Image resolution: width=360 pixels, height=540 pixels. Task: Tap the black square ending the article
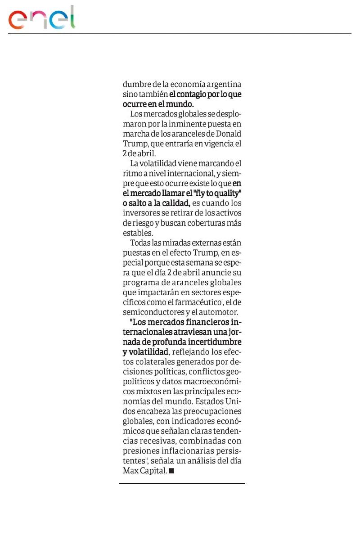click(171, 471)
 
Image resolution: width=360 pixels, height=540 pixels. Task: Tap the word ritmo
click(133, 173)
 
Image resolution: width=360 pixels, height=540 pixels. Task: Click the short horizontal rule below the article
click(182, 484)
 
